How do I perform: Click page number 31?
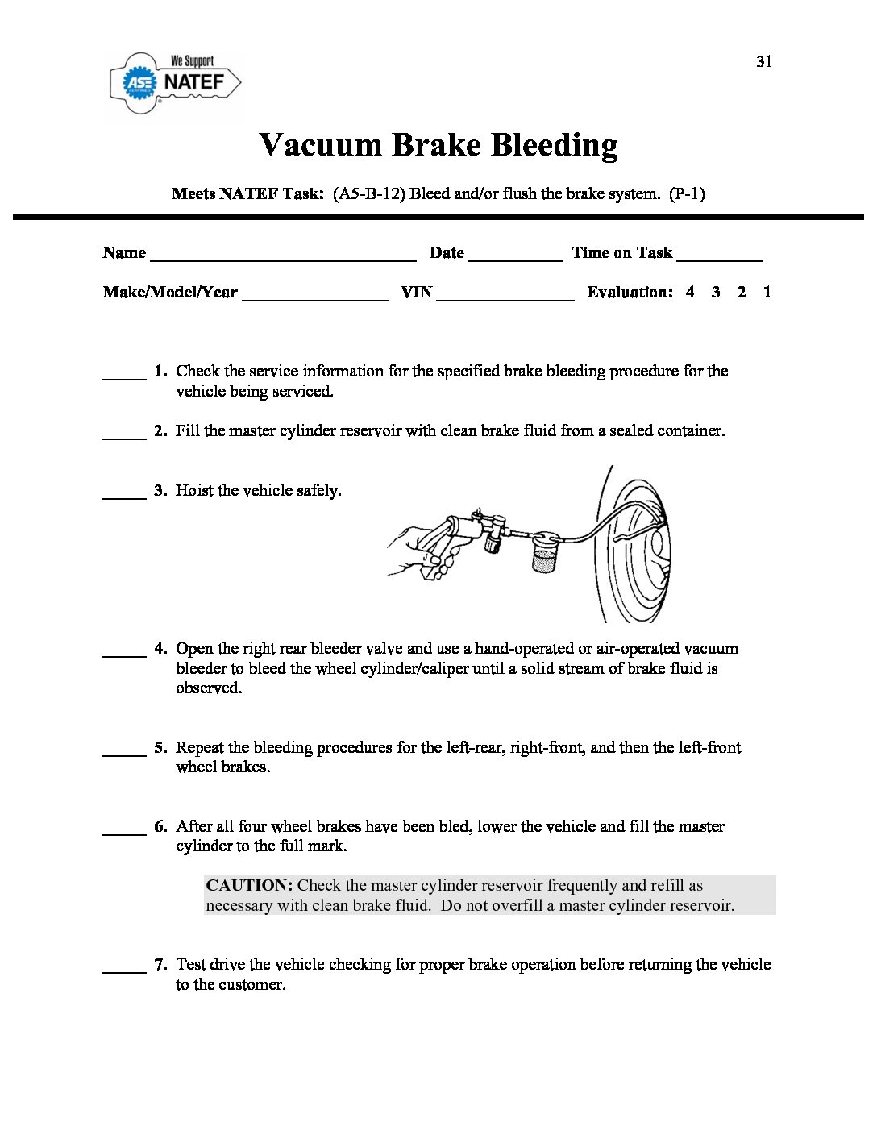click(x=764, y=62)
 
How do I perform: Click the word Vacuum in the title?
click(x=320, y=145)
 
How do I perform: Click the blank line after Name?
click(x=283, y=259)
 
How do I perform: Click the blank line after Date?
click(x=515, y=259)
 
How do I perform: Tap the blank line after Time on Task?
click(x=720, y=259)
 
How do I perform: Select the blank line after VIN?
click(x=505, y=298)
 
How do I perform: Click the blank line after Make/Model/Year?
click(x=314, y=298)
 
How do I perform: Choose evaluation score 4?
click(x=690, y=293)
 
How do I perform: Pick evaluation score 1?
click(x=767, y=293)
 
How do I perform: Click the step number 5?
click(x=160, y=748)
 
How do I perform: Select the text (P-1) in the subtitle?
click(x=687, y=194)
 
